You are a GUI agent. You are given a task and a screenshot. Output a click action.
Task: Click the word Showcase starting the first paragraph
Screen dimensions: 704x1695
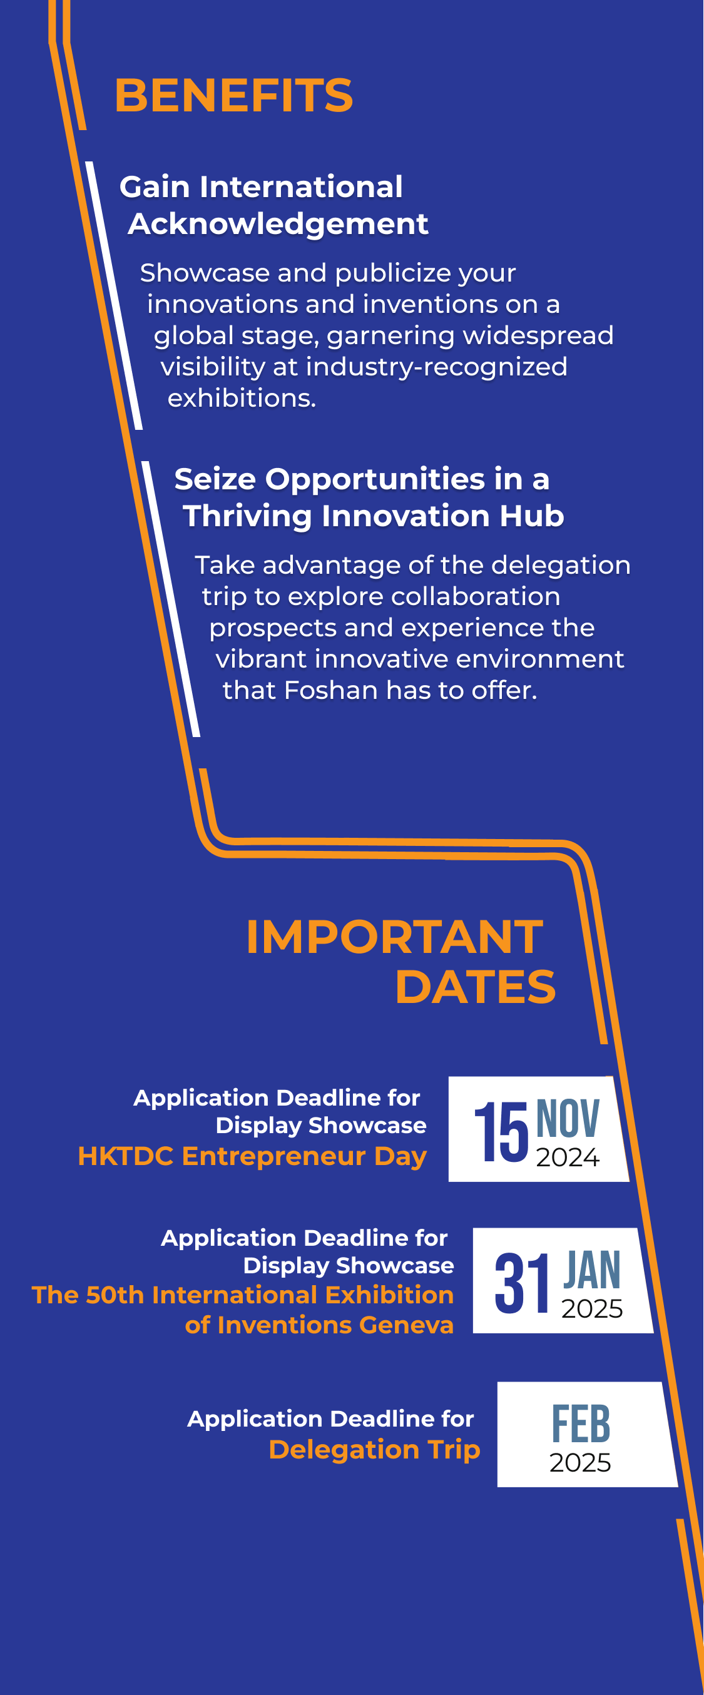[205, 272]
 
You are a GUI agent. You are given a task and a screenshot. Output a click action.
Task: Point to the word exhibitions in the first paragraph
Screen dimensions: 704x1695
[242, 398]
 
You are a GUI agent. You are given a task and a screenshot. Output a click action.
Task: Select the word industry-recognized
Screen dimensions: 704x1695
[436, 367]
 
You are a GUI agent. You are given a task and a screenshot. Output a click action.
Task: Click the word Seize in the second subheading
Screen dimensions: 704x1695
[215, 479]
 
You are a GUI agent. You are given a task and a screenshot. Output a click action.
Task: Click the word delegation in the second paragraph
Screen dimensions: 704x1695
[561, 565]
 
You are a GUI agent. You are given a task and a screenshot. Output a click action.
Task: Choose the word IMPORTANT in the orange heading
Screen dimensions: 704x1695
[395, 937]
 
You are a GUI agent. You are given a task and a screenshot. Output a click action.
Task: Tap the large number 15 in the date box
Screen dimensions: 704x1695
[501, 1132]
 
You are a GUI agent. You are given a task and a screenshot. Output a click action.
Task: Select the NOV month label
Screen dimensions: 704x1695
[568, 1119]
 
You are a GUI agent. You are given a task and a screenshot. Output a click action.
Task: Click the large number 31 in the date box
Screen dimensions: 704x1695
[522, 1283]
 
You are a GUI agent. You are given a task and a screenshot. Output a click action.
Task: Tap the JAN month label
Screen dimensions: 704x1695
[592, 1270]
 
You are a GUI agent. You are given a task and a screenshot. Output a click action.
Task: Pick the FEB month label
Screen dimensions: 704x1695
[581, 1425]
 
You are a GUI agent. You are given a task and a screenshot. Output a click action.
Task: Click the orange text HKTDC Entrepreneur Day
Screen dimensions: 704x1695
[253, 1157]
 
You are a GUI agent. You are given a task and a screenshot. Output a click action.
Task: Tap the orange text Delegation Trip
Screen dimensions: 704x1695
[374, 1450]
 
